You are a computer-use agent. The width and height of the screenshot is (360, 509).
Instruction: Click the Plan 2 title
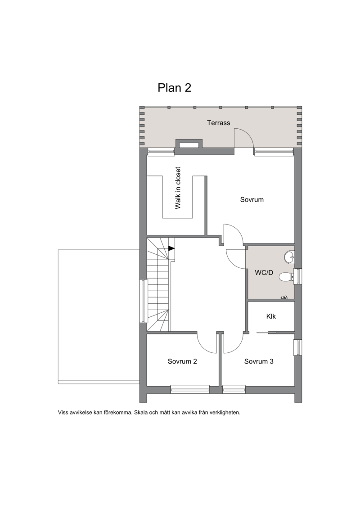tap(174, 88)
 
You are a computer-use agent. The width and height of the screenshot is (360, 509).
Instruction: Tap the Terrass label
tap(218, 123)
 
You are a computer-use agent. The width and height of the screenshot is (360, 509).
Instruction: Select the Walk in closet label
tap(178, 188)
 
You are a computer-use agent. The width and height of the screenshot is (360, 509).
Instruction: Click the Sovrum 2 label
tap(182, 361)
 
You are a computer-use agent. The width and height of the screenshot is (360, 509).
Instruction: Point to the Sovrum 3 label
tap(259, 361)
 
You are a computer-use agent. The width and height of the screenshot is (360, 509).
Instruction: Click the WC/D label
tap(264, 273)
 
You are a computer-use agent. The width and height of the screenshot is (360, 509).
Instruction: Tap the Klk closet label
tap(271, 316)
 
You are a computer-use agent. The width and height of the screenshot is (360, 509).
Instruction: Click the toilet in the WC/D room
tap(286, 277)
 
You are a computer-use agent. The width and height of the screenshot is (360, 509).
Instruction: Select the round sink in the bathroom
tap(289, 257)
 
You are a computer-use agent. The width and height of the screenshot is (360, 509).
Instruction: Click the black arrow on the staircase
tap(171, 248)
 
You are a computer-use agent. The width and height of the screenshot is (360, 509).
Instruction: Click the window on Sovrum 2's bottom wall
tap(190, 389)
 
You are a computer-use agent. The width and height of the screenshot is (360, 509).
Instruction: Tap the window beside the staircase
tap(143, 301)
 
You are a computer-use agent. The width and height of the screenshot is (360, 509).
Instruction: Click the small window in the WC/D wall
tap(298, 276)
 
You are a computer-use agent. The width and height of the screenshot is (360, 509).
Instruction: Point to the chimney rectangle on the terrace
tap(189, 144)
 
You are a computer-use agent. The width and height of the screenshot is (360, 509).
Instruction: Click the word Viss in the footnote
tap(63, 413)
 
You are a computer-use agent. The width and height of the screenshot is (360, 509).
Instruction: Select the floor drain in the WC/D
tap(284, 297)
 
